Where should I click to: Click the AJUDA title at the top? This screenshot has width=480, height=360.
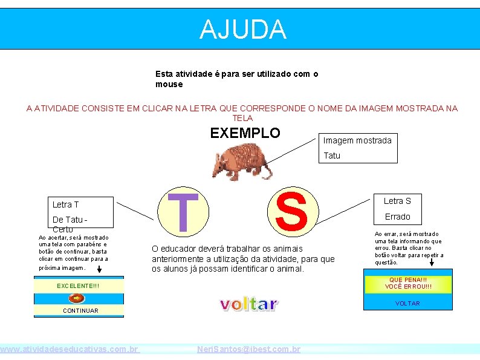(242, 29)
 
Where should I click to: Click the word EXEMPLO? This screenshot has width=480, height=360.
(245, 133)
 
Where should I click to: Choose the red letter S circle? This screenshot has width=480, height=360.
(291, 210)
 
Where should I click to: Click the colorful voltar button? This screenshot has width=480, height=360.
(248, 304)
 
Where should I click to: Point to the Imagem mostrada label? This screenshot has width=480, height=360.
(357, 140)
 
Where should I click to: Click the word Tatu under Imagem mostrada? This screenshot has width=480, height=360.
(332, 155)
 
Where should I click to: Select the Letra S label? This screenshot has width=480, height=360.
(397, 201)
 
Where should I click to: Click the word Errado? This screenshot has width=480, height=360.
(397, 217)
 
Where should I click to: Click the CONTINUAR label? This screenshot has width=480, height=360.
(80, 310)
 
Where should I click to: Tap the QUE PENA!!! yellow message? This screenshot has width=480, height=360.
(408, 283)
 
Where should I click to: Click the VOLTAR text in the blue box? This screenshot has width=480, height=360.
(407, 303)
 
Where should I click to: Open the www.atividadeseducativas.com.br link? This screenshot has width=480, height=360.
(70, 350)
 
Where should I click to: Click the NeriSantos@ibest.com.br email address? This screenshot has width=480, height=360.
(249, 350)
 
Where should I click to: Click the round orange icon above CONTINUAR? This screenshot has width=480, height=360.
(77, 298)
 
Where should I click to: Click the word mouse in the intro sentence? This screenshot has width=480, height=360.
(169, 84)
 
